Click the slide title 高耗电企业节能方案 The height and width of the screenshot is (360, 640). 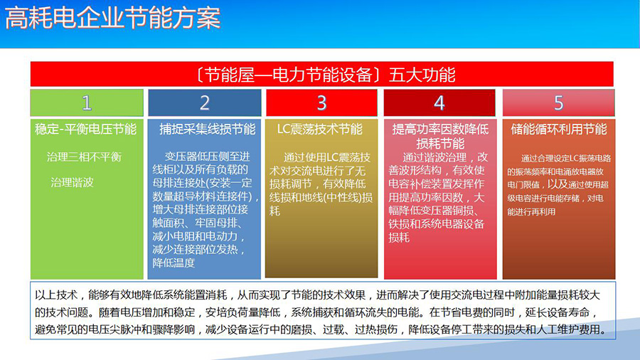[x=112, y=18]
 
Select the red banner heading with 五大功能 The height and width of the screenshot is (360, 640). [x=322, y=74]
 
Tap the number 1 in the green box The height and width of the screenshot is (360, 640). [x=87, y=103]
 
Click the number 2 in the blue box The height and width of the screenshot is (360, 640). [x=205, y=103]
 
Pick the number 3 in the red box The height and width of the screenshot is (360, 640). [x=321, y=103]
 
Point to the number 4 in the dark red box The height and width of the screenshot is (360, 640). [x=439, y=103]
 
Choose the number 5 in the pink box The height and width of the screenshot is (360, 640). [x=558, y=103]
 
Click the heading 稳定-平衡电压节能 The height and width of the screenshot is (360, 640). [x=86, y=129]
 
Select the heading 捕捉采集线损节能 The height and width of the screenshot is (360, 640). [x=208, y=129]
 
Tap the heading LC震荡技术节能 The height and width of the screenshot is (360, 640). [x=319, y=129]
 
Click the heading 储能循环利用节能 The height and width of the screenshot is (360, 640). [x=559, y=129]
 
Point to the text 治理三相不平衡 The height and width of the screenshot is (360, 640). [x=84, y=157]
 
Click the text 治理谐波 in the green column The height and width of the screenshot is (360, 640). [x=73, y=182]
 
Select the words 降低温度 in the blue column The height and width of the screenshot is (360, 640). [x=174, y=263]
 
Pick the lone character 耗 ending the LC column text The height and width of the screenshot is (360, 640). [x=274, y=211]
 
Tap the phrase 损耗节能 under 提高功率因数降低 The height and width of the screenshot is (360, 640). [x=440, y=144]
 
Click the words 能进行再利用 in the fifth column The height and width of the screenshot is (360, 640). [x=531, y=212]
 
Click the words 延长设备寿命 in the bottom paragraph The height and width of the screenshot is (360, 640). [x=558, y=312]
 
